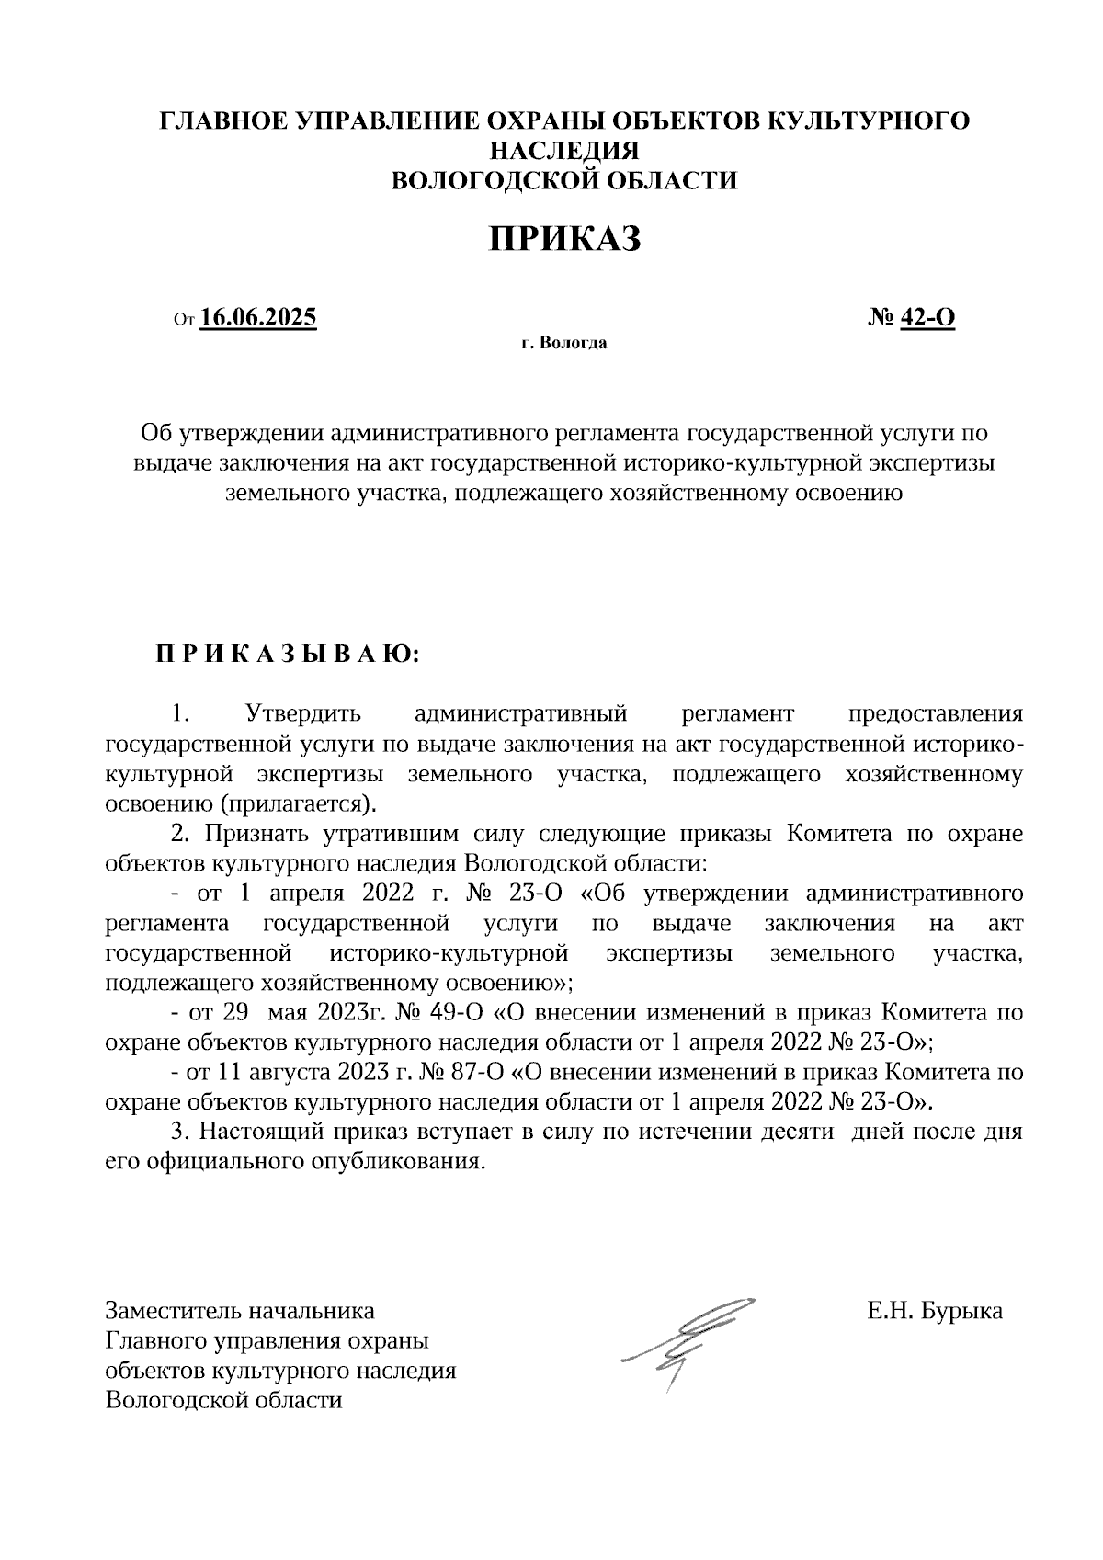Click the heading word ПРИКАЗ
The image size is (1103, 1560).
[563, 241]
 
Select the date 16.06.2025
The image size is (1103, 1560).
[258, 318]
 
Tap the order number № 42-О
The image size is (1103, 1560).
[911, 318]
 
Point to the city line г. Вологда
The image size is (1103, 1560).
[563, 345]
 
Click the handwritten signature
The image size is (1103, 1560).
[689, 1343]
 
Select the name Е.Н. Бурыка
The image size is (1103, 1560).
[935, 1311]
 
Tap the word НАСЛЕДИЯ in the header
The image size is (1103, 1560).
[563, 151]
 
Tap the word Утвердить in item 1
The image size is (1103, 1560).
[303, 714]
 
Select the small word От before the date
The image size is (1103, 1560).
[184, 321]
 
